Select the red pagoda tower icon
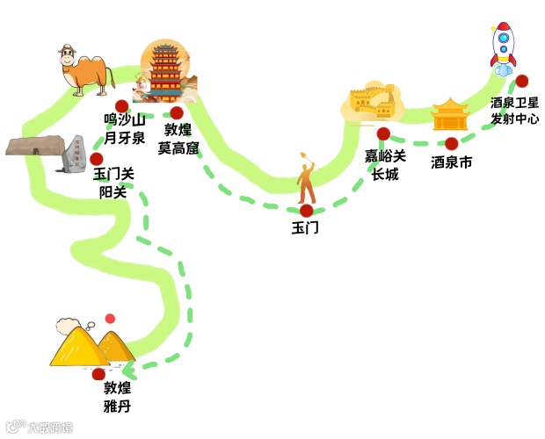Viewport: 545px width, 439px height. pyautogui.click(x=164, y=72)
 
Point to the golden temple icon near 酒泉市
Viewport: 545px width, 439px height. pyautogui.click(x=450, y=115)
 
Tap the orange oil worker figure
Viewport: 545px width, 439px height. pyautogui.click(x=306, y=180)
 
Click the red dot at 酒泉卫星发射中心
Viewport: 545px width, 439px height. pyautogui.click(x=521, y=81)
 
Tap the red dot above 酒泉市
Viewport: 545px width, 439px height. pyautogui.click(x=451, y=143)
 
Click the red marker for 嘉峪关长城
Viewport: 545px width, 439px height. pyautogui.click(x=383, y=133)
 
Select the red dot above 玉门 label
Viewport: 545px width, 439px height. pyautogui.click(x=306, y=211)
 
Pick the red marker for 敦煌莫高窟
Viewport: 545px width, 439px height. pyautogui.click(x=177, y=112)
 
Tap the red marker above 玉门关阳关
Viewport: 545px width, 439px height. pyautogui.click(x=96, y=158)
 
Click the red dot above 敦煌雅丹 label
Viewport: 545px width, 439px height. pyautogui.click(x=98, y=374)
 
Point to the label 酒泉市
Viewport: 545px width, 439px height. pyautogui.click(x=452, y=162)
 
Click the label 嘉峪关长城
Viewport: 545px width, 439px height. pyautogui.click(x=385, y=165)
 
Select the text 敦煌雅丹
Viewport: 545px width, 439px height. pyautogui.click(x=117, y=397)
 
